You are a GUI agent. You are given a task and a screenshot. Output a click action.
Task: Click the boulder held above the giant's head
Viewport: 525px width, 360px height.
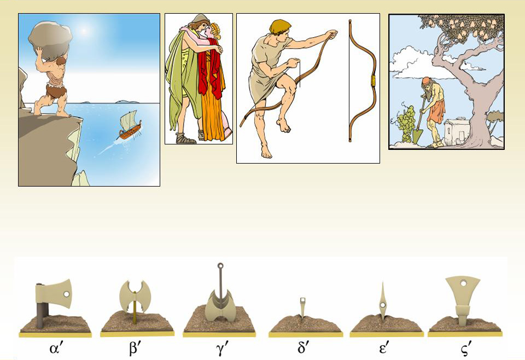point(50,39)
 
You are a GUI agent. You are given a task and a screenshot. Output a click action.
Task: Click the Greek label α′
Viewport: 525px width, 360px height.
point(56,349)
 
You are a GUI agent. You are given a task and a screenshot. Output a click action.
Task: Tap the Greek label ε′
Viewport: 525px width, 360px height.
point(384,349)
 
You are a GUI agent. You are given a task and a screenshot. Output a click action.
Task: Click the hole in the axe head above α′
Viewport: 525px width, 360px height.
point(66,294)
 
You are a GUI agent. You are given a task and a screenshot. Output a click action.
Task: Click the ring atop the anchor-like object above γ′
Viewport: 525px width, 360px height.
point(220,266)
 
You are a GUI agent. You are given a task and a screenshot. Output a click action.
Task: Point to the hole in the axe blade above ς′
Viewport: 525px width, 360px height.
point(463,283)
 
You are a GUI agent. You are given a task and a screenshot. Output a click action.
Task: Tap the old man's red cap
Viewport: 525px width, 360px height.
point(426,81)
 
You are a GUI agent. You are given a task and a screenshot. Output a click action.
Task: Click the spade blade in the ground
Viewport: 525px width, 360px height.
point(417,137)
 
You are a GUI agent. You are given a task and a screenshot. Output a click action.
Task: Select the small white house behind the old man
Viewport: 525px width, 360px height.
point(457,131)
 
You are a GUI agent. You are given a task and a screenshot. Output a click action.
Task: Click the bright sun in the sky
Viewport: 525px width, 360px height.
point(84,31)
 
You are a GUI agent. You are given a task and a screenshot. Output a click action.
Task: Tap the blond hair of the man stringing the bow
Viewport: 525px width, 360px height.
point(279,26)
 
